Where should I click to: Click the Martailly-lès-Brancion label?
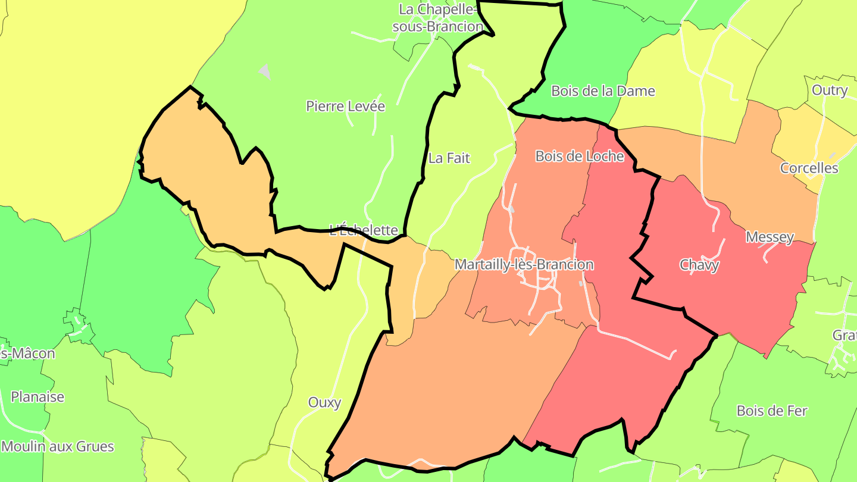pos(524,265)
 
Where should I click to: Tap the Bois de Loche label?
pos(579,157)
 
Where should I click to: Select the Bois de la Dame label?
pos(602,91)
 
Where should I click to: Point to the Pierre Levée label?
pos(345,107)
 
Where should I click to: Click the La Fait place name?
pos(449,158)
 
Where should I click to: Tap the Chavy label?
pos(699,265)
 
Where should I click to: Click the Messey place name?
pos(770,237)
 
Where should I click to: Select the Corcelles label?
pos(809,168)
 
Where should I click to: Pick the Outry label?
pos(829,90)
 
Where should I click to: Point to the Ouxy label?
pos(324,403)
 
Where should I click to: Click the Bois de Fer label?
pos(771,411)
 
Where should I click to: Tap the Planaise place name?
pos(37,397)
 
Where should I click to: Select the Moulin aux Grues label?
pos(57,446)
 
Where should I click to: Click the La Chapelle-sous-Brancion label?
pos(440,18)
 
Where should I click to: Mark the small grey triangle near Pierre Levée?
pos(265,71)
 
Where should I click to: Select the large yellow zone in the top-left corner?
pos(89,89)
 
